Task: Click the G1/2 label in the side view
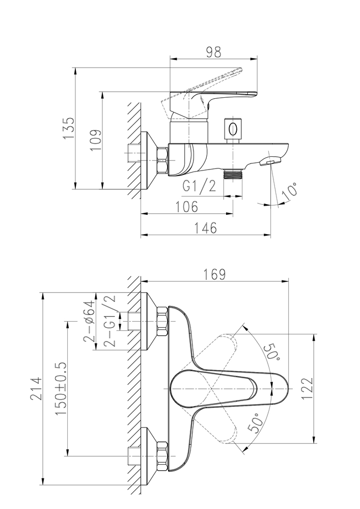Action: click(200, 186)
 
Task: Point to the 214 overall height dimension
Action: click(36, 389)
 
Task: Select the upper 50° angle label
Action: click(272, 351)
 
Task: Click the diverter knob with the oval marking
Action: click(233, 129)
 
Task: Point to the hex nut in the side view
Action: click(162, 160)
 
